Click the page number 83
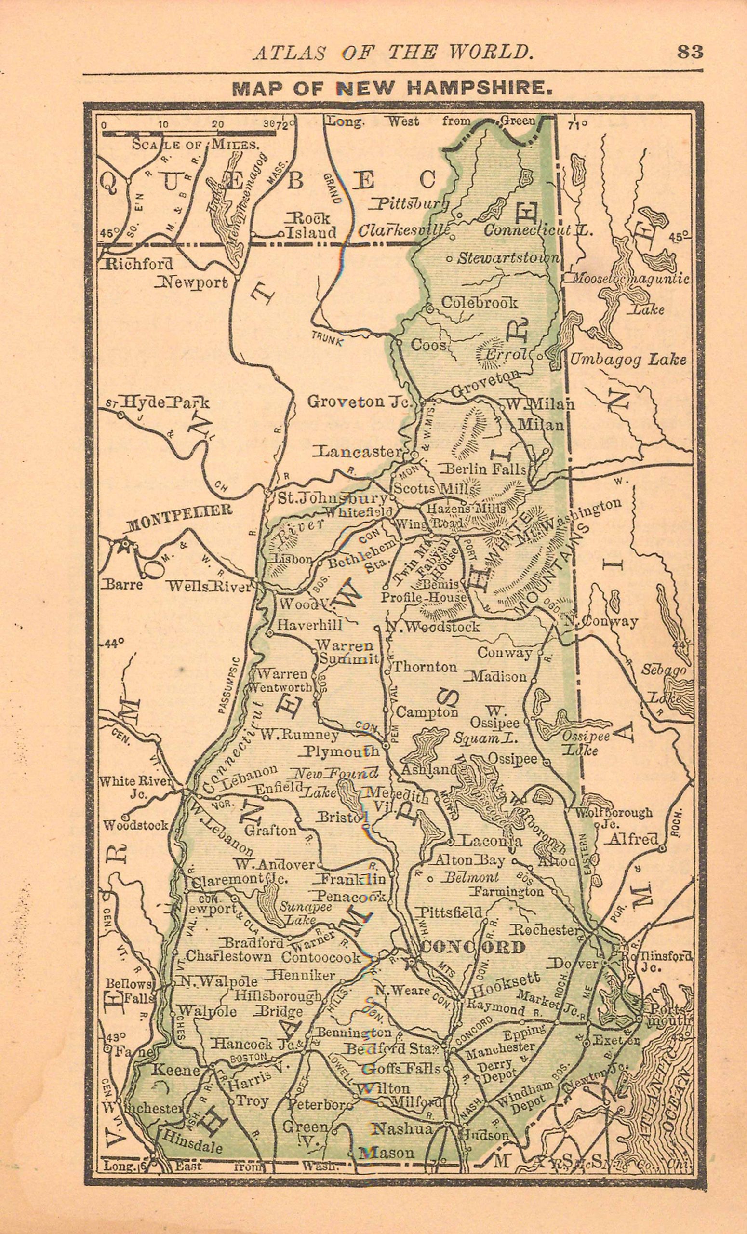(x=690, y=52)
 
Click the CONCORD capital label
(x=473, y=947)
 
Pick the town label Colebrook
(x=479, y=303)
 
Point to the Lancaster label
(x=357, y=451)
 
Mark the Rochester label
(x=544, y=929)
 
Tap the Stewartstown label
(x=508, y=258)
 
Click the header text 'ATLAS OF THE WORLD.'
(x=392, y=52)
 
